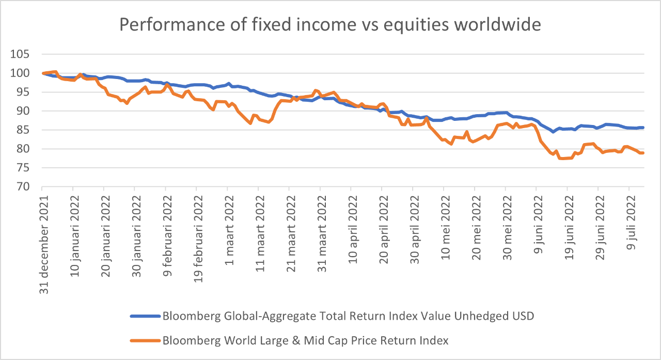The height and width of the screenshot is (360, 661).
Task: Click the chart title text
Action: [x=330, y=24]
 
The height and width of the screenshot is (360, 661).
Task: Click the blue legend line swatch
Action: [x=145, y=316]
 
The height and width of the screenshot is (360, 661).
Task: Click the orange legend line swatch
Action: [x=145, y=340]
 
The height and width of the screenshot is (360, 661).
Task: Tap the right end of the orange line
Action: [x=642, y=153]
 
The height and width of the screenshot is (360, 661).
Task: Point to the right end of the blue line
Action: [x=642, y=128]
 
